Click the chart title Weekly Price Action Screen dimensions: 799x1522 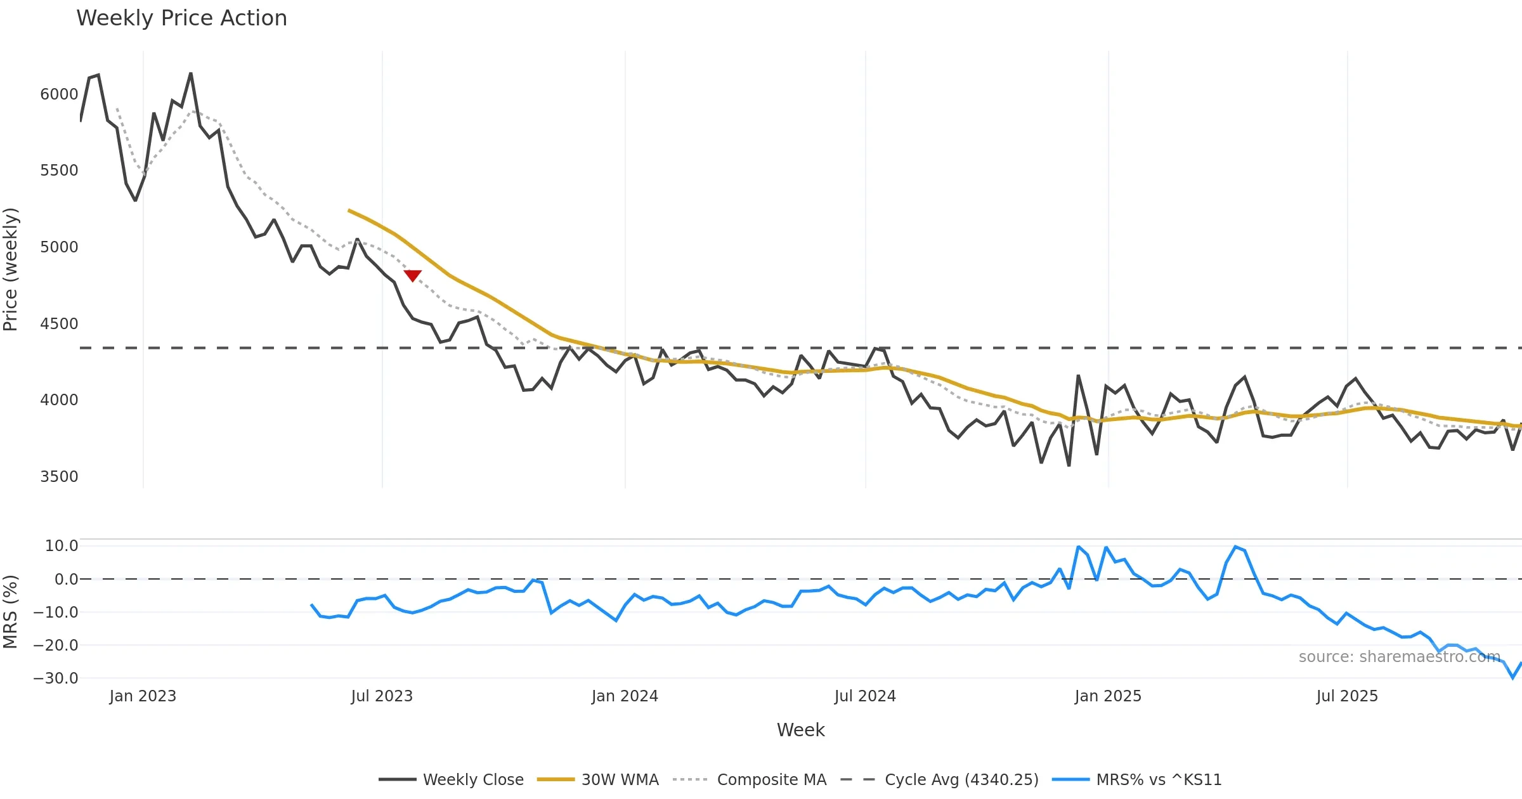181,18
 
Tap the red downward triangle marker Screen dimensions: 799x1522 412,275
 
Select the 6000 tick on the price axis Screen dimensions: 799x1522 59,94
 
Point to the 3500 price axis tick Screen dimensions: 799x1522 59,477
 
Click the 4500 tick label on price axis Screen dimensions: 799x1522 59,324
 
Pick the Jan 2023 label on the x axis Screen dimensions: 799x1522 143,696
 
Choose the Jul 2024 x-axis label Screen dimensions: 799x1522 865,696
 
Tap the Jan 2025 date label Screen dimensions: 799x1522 1108,696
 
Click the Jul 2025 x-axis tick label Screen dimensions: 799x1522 1347,696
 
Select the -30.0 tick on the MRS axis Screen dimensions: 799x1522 56,679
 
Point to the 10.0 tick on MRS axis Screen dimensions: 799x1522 62,546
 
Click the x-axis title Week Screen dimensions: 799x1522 800,731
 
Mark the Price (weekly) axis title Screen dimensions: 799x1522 11,270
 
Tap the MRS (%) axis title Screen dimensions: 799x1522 11,612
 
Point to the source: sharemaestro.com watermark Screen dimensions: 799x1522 1400,657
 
